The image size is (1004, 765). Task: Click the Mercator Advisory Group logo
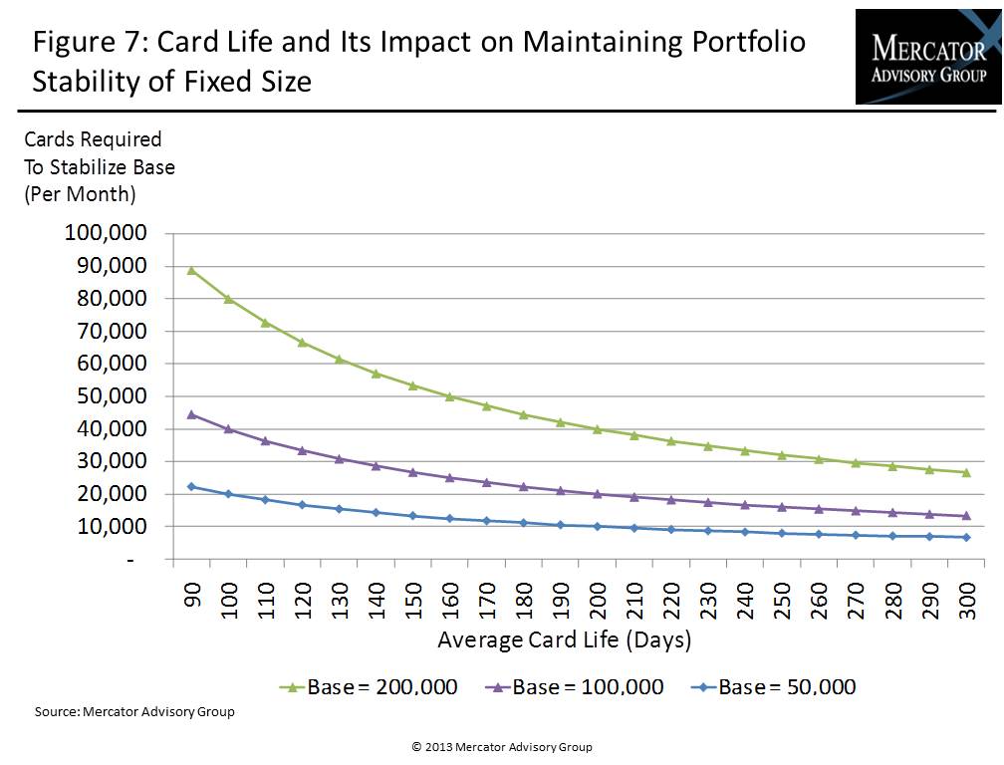click(927, 56)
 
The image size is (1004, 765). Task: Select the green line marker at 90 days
click(191, 270)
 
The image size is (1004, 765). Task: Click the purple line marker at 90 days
click(191, 414)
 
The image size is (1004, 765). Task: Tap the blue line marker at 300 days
click(966, 538)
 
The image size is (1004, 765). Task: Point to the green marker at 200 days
click(598, 429)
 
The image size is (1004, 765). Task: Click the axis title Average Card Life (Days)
click(564, 639)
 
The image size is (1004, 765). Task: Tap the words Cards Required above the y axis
click(93, 139)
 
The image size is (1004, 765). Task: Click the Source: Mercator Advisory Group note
click(134, 712)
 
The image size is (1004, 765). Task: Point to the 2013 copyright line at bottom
click(501, 747)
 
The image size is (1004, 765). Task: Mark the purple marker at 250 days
click(781, 507)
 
